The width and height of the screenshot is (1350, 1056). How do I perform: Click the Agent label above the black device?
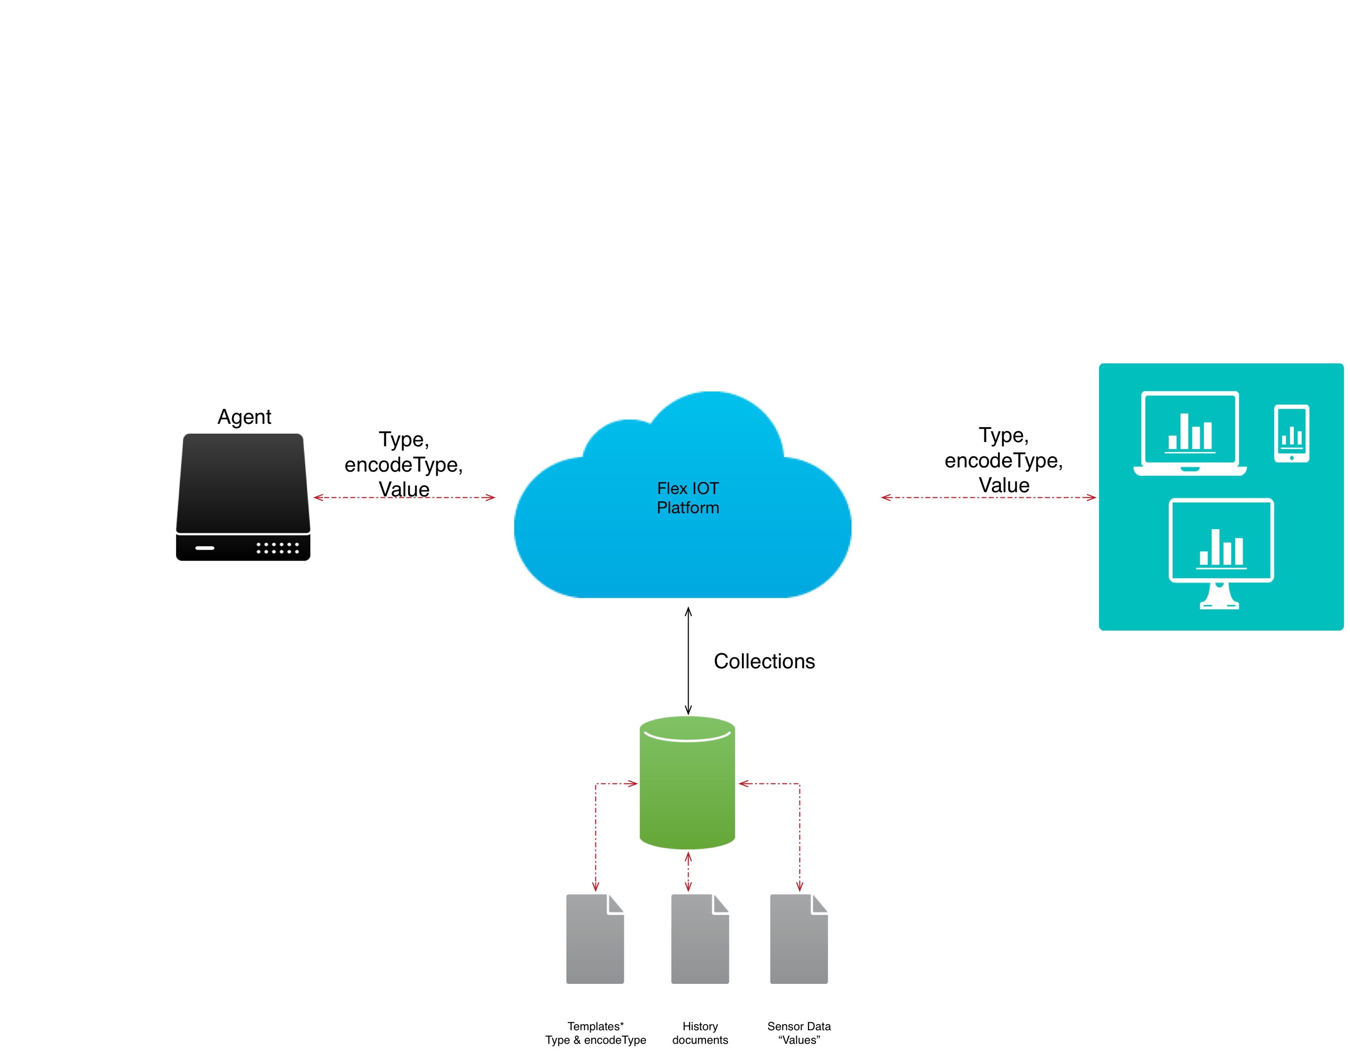(244, 417)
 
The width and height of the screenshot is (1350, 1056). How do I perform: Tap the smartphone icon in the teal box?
(1291, 434)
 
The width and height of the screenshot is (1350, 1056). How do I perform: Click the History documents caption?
(700, 1033)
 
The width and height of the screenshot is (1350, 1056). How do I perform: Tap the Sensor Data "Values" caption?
(799, 1033)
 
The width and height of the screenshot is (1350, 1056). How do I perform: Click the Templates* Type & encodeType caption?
(595, 1033)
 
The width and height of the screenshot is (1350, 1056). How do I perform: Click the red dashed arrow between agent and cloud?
(346, 497)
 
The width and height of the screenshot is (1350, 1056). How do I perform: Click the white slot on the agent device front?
(205, 548)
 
